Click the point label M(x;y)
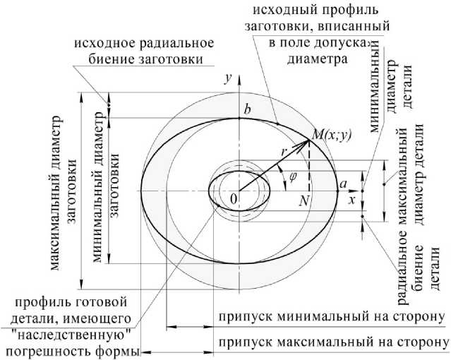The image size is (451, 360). [331, 133]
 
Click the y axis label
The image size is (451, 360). [228, 78]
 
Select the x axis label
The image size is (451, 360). [349, 199]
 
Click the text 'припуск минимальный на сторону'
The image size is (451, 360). [330, 316]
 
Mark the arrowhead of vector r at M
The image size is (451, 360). [308, 140]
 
